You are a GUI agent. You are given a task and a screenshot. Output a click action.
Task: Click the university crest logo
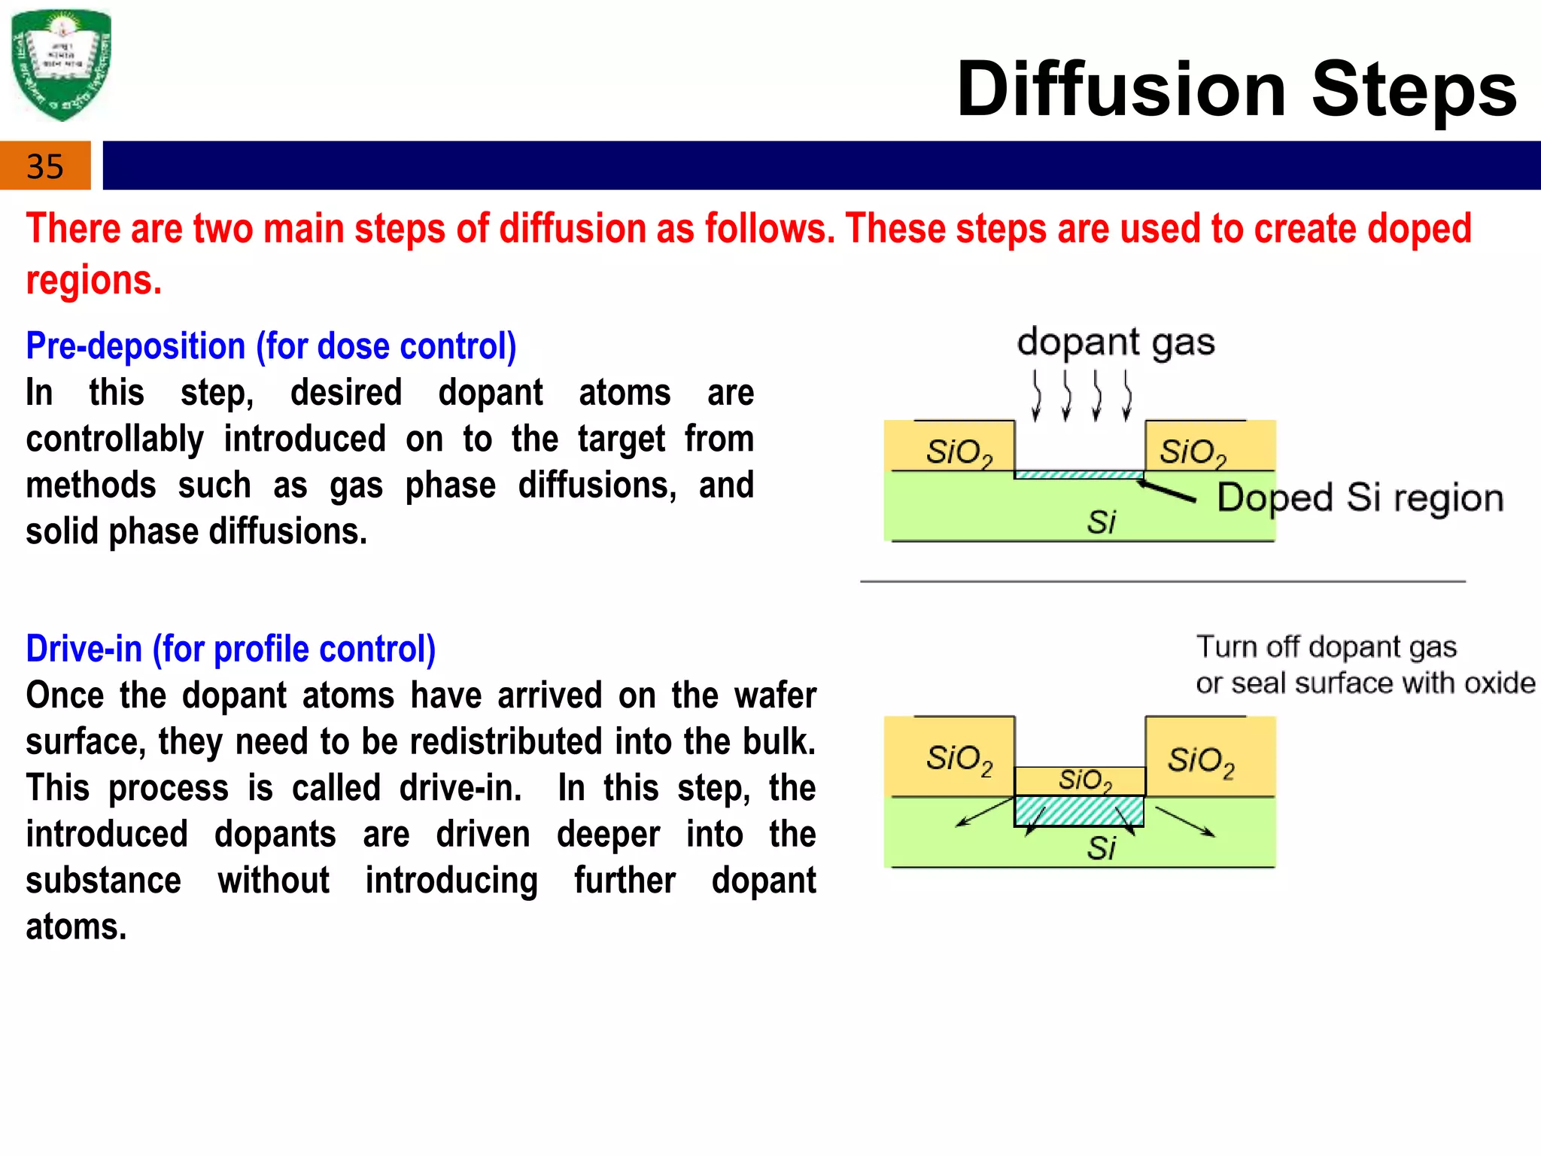(x=62, y=65)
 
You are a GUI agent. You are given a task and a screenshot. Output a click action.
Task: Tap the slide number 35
(x=44, y=166)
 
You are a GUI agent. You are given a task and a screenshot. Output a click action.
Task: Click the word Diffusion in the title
(x=1122, y=90)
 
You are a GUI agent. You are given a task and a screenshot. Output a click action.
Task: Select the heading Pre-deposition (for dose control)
(x=271, y=346)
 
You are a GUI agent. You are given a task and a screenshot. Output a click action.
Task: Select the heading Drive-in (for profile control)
(x=230, y=649)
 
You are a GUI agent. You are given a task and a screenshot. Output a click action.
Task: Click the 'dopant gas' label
(x=1115, y=342)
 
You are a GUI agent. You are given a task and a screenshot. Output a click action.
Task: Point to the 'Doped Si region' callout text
(x=1360, y=498)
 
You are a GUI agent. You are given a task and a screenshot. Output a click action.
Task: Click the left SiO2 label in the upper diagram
(x=959, y=452)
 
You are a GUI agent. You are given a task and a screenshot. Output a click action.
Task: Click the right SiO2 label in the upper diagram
(x=1193, y=452)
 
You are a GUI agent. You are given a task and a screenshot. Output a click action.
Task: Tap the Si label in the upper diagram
(x=1101, y=522)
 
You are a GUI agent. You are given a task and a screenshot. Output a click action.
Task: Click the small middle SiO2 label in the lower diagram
(x=1084, y=780)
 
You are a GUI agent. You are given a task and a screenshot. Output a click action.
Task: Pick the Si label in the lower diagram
(x=1101, y=848)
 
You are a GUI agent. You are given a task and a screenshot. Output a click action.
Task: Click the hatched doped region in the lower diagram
(x=1078, y=811)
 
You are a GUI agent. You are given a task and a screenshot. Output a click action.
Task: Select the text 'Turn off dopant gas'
(x=1326, y=647)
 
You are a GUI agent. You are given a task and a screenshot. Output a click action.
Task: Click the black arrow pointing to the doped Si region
(x=1166, y=491)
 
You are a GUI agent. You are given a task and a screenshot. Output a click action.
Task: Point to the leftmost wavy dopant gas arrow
(x=1037, y=396)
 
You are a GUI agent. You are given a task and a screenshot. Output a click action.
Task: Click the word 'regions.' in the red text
(x=94, y=281)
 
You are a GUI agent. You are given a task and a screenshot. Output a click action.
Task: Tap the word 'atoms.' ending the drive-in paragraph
(x=76, y=926)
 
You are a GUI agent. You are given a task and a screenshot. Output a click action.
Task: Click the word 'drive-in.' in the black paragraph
(x=460, y=788)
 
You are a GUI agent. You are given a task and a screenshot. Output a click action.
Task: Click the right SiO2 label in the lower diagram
(x=1201, y=761)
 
